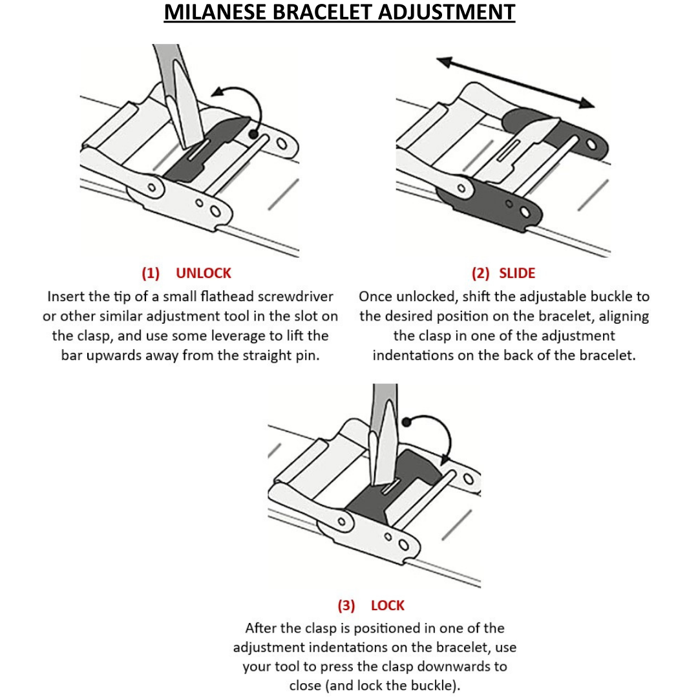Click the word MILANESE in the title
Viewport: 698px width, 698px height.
(x=215, y=12)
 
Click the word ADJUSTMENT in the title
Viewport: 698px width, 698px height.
(x=447, y=12)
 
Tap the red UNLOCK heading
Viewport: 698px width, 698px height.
(x=204, y=273)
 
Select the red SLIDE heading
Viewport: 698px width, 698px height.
(x=517, y=273)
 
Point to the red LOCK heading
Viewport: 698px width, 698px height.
(x=387, y=606)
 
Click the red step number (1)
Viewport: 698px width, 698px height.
(x=151, y=273)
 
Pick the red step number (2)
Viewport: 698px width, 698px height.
(x=480, y=273)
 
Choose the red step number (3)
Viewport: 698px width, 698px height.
(x=346, y=606)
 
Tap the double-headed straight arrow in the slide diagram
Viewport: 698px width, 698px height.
(x=516, y=82)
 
